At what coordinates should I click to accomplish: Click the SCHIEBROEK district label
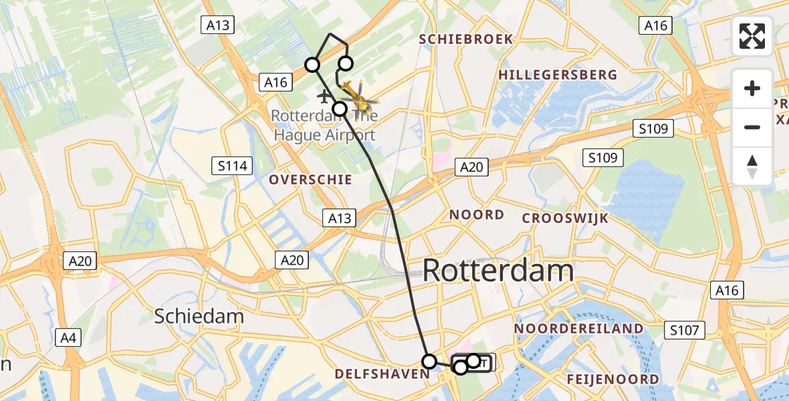[466, 39]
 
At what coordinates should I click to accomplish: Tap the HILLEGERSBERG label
[558, 75]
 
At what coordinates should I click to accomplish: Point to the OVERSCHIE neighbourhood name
[310, 180]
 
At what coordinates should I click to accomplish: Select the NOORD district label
[477, 215]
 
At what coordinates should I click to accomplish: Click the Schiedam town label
[199, 316]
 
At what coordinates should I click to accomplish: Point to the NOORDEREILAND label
[578, 329]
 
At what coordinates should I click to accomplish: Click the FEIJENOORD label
[612, 380]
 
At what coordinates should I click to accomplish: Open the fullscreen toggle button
[752, 36]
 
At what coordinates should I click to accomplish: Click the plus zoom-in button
[752, 88]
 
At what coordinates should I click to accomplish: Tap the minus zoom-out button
[752, 127]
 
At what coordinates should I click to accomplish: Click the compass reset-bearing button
[752, 166]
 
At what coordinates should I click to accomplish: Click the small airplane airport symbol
[324, 96]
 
